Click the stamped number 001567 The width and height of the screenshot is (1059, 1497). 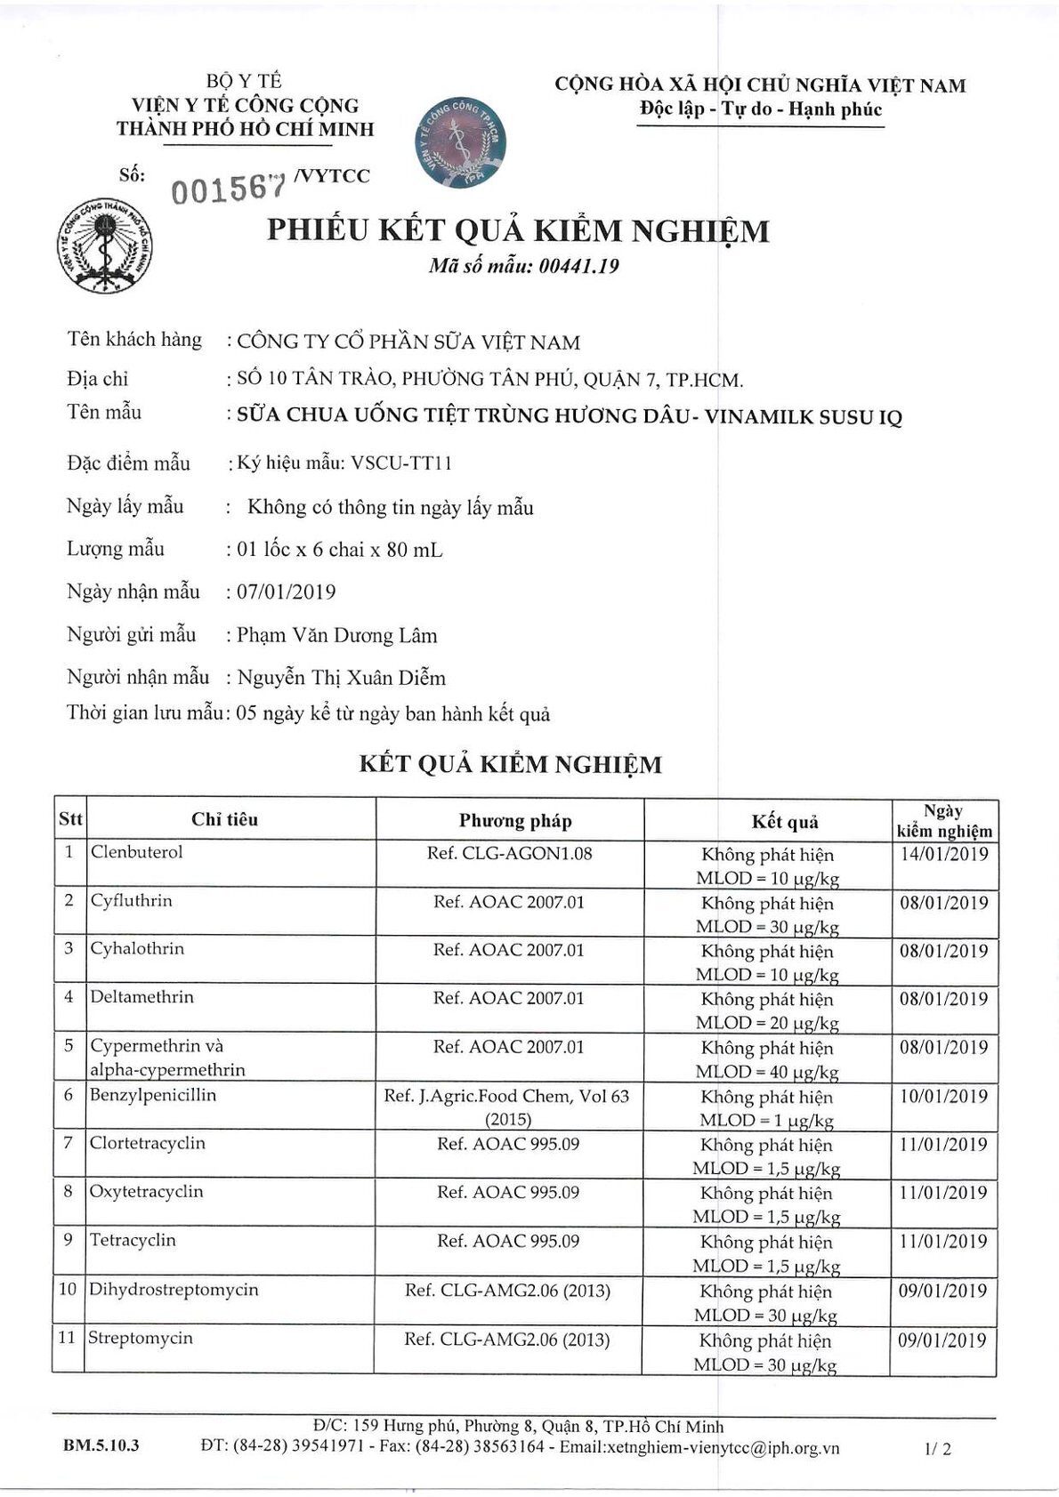click(230, 188)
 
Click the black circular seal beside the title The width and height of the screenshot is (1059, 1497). click(104, 246)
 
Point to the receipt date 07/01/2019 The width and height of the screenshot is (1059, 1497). click(286, 592)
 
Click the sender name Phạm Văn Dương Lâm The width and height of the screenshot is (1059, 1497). click(336, 635)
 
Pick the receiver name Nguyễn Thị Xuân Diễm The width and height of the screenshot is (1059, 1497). click(341, 678)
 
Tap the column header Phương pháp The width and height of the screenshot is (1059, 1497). click(515, 820)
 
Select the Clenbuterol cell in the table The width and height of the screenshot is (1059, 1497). click(136, 852)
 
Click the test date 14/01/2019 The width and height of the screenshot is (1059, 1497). click(943, 854)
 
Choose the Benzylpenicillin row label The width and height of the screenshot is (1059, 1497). click(152, 1095)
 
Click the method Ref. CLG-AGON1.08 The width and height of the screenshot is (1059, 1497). click(509, 854)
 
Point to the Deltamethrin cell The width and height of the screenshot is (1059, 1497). click(141, 997)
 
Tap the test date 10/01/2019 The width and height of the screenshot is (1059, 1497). click(943, 1096)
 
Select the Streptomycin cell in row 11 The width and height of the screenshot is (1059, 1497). click(140, 1338)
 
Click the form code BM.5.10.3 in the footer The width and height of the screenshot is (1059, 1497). click(101, 1446)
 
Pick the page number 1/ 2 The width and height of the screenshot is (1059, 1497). click(938, 1448)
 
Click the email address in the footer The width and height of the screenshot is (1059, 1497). click(722, 1447)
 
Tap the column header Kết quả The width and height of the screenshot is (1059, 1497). click(784, 821)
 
